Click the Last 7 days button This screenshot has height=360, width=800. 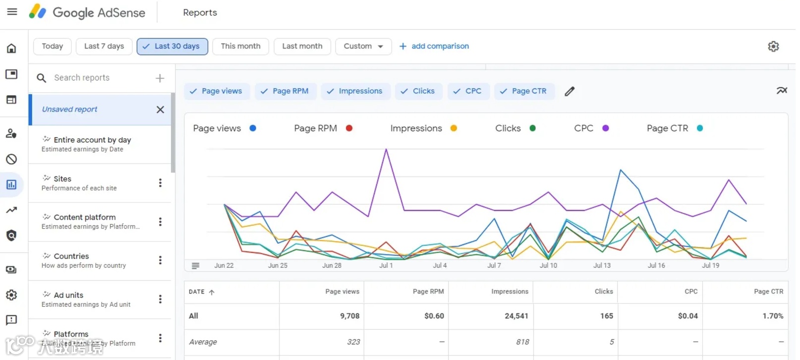pyautogui.click(x=104, y=46)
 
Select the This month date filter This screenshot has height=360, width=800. pyautogui.click(x=240, y=46)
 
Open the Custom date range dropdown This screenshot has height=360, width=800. pyautogui.click(x=363, y=46)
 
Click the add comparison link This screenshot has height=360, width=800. pyautogui.click(x=434, y=46)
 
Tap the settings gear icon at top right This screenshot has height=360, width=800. pyautogui.click(x=773, y=47)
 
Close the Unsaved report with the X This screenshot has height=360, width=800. pyautogui.click(x=160, y=110)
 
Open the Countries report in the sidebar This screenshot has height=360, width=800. pyautogui.click(x=71, y=256)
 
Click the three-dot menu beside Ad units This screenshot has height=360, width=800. pyautogui.click(x=160, y=299)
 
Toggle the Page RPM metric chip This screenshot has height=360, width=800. pyautogui.click(x=286, y=91)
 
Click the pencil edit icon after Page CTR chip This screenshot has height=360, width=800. pyautogui.click(x=570, y=91)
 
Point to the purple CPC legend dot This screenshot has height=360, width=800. pyautogui.click(x=605, y=128)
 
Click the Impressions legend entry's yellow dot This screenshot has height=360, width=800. pyautogui.click(x=454, y=128)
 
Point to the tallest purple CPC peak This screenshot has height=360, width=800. pyautogui.click(x=386, y=150)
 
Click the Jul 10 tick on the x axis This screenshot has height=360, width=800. pyautogui.click(x=548, y=265)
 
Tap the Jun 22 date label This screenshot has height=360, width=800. pyautogui.click(x=224, y=265)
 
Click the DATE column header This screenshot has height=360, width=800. pyautogui.click(x=197, y=292)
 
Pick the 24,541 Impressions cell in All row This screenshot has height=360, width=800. pyautogui.click(x=516, y=316)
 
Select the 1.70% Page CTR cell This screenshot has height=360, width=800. pyautogui.click(x=772, y=316)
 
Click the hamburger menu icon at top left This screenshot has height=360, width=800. pyautogui.click(x=12, y=12)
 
